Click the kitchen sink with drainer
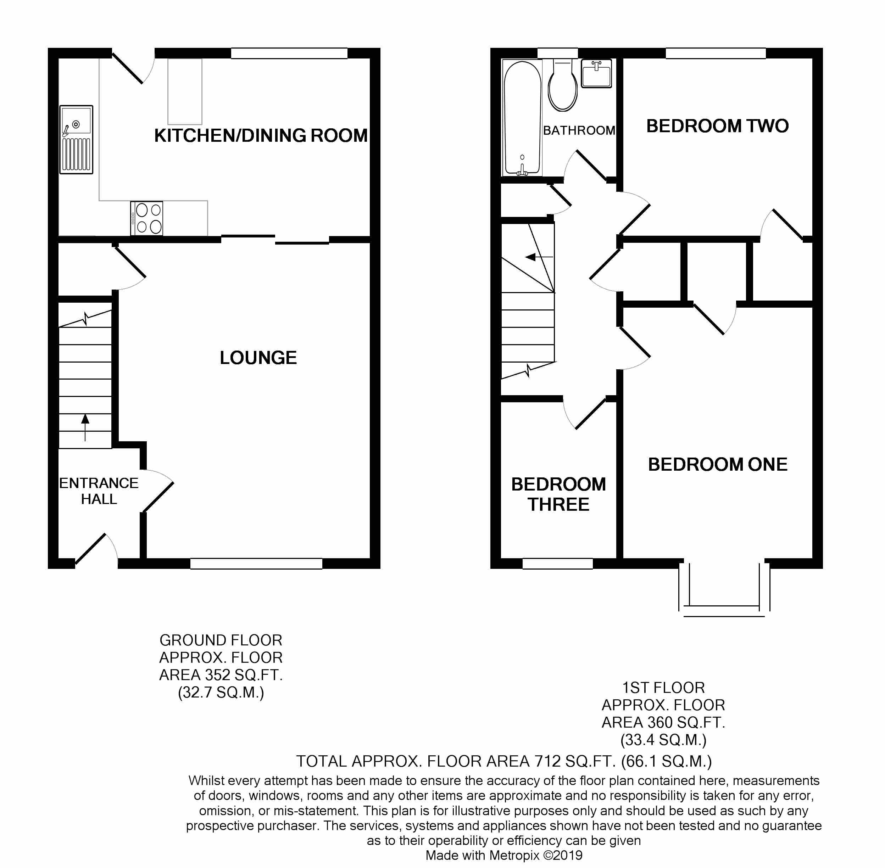pos(76,140)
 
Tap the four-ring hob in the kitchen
pos(147,218)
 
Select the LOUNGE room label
pos(258,358)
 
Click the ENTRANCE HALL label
pos(99,491)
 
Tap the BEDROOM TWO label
pos(717,126)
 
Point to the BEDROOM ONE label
pos(718,465)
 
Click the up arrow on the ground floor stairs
pos(85,426)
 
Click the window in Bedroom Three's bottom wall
pos(557,564)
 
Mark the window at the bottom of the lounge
pos(256,564)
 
